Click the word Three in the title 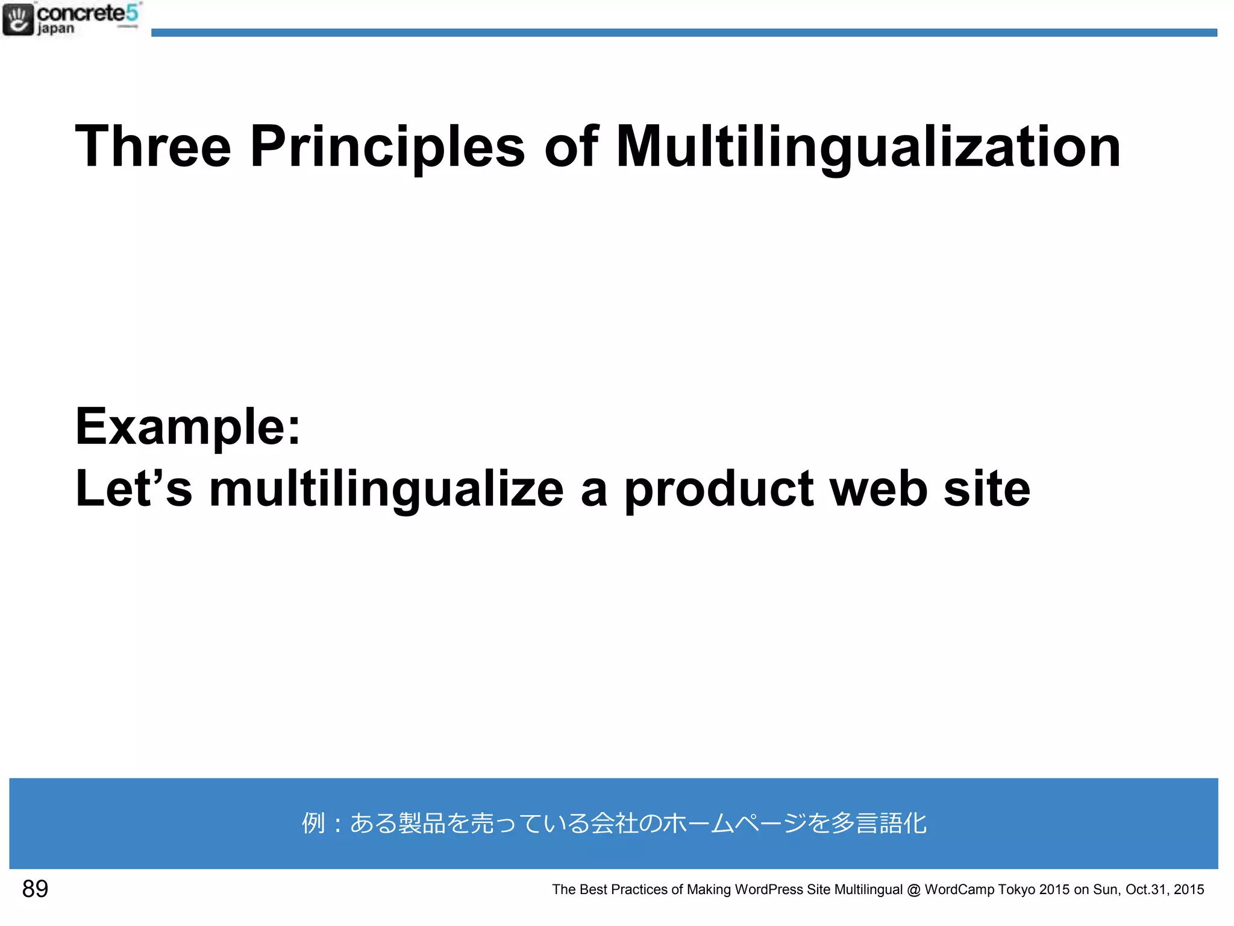(x=153, y=146)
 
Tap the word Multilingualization (x=868, y=146)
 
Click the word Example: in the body (x=187, y=427)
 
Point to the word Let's (x=133, y=488)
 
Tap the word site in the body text (x=986, y=488)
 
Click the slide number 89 (x=35, y=889)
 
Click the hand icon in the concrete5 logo (x=18, y=19)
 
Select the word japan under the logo (x=55, y=29)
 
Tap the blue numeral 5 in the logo (x=132, y=13)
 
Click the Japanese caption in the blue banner (x=613, y=823)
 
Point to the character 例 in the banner (x=313, y=823)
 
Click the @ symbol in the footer (x=913, y=890)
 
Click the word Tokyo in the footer (x=1016, y=890)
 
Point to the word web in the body (x=878, y=488)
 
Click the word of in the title (x=570, y=146)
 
